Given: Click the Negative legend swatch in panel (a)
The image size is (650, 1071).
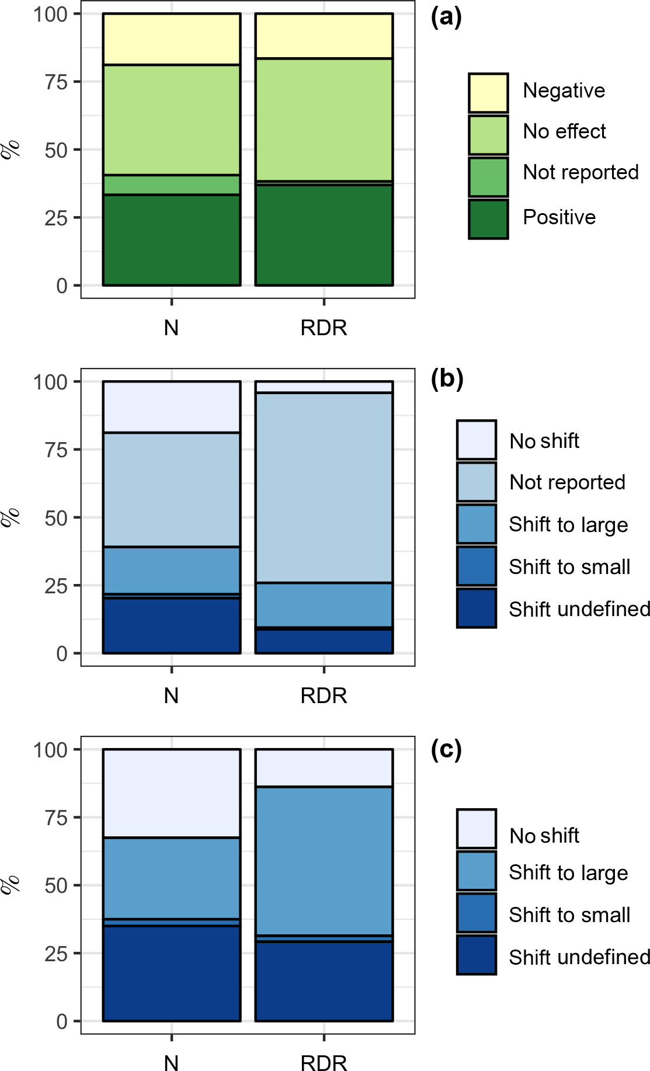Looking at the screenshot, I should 488,93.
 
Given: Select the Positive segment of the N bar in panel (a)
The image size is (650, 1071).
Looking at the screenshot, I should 172,240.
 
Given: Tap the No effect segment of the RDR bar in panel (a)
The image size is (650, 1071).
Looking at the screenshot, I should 324,120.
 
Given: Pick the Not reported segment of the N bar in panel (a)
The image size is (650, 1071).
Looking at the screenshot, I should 172,185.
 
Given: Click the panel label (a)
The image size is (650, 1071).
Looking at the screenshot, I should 446,17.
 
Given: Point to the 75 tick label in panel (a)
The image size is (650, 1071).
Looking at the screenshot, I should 56,82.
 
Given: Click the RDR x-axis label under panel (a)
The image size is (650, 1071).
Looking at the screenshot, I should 324,328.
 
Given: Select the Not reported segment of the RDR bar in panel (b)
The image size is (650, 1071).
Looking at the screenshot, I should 324,488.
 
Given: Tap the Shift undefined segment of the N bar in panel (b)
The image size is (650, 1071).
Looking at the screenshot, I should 172,625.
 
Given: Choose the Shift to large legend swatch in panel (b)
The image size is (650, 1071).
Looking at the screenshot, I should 477,524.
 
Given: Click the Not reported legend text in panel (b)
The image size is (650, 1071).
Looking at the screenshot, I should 567,482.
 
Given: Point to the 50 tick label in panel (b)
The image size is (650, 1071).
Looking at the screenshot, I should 56,518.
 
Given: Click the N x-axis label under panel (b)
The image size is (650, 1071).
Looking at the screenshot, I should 171,696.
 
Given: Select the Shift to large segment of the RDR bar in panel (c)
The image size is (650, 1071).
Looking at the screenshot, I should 324,861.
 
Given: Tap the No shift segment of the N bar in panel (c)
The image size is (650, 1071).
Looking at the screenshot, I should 172,794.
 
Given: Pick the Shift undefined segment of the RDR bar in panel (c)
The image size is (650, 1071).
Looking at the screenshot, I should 324,981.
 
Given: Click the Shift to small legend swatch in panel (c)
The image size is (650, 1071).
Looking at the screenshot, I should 477,913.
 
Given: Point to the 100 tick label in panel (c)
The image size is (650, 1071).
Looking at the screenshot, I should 50,750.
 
